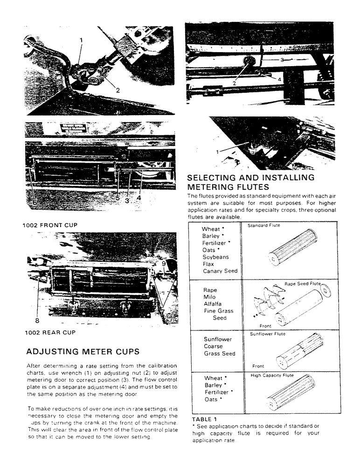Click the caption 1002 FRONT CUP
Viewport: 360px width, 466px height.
(50, 225)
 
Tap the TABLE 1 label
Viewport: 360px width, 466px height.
(205, 418)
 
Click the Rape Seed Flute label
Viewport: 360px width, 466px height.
(303, 283)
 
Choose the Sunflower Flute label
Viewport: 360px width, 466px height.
(268, 334)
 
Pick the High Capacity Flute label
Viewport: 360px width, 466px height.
(272, 375)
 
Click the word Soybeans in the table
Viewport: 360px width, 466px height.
(215, 257)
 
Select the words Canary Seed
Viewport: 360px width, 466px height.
(220, 271)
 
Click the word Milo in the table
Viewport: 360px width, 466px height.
(209, 297)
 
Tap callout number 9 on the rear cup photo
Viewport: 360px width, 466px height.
(164, 263)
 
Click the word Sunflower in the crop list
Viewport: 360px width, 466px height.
(218, 339)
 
